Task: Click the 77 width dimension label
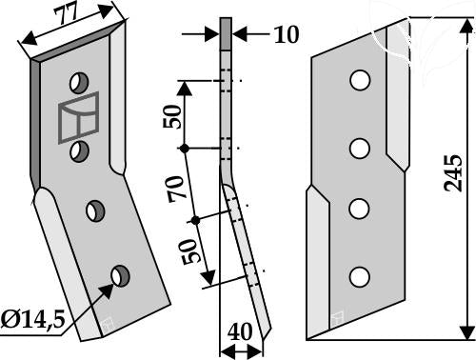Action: click(x=66, y=15)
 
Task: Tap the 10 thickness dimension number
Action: click(x=287, y=34)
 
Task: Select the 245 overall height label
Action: click(x=453, y=173)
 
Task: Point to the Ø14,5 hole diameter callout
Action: click(x=32, y=320)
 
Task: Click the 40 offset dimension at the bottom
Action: click(x=240, y=331)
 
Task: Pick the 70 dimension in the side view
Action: click(x=176, y=190)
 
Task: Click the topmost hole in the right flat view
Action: click(x=360, y=80)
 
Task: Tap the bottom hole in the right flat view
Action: click(x=359, y=277)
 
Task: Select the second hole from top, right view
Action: click(x=360, y=149)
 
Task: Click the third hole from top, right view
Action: click(x=359, y=209)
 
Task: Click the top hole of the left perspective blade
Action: click(x=79, y=83)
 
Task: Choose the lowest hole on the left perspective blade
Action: click(x=120, y=276)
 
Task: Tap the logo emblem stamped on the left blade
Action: click(x=78, y=117)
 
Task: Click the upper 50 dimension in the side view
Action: click(x=172, y=116)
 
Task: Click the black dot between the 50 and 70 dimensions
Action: click(x=183, y=149)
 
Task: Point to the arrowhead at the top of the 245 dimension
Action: click(x=466, y=26)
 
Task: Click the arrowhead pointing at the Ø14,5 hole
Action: click(x=107, y=290)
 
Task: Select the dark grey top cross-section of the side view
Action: click(x=226, y=33)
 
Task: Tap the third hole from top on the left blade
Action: click(x=95, y=210)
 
